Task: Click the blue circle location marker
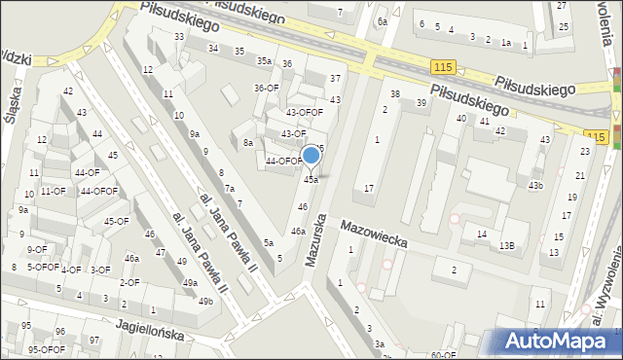pyautogui.click(x=311, y=155)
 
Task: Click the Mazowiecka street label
pyautogui.click(x=374, y=234)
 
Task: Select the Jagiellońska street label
pyautogui.click(x=149, y=330)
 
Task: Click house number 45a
pyautogui.click(x=311, y=179)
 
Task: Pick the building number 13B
pyautogui.click(x=507, y=246)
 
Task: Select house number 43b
pyautogui.click(x=535, y=185)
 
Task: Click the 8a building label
pyautogui.click(x=248, y=143)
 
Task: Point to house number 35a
pyautogui.click(x=264, y=60)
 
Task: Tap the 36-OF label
pyautogui.click(x=267, y=88)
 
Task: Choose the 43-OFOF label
pyautogui.click(x=304, y=112)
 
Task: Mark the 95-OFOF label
pyautogui.click(x=46, y=349)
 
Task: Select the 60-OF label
pyautogui.click(x=443, y=355)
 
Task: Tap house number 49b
pyautogui.click(x=205, y=302)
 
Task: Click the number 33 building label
pyautogui.click(x=179, y=36)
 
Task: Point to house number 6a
pyautogui.click(x=383, y=20)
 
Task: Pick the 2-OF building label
pyautogui.click(x=128, y=282)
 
